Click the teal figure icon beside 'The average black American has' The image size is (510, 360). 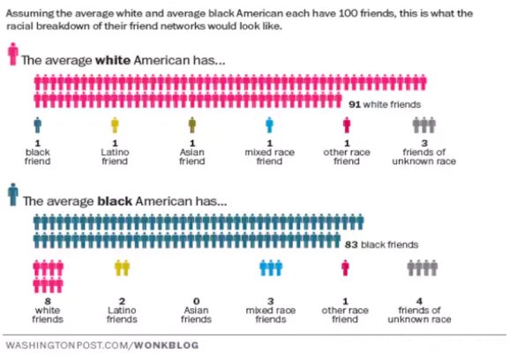(x=12, y=195)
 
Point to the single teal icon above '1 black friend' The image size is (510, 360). (x=37, y=125)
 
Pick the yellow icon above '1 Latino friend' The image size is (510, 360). (x=115, y=125)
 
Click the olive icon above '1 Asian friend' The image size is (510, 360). (x=192, y=125)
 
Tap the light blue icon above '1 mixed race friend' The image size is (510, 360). (x=269, y=125)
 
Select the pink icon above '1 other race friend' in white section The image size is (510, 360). (x=346, y=125)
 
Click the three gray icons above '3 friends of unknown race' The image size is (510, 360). (x=424, y=125)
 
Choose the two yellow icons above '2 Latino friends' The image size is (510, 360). (x=122, y=267)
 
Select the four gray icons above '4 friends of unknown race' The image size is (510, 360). (x=424, y=267)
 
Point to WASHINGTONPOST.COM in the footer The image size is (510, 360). (x=66, y=344)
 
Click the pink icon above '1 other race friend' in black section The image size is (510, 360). (x=345, y=267)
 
